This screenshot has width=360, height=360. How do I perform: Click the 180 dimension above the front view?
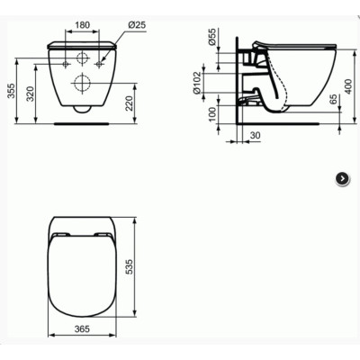click(81, 26)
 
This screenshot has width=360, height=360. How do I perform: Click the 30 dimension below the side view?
click(256, 135)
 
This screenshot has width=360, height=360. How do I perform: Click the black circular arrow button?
click(342, 178)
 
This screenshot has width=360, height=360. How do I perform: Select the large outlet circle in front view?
click(81, 84)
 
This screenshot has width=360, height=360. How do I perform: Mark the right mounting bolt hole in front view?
click(98, 65)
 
